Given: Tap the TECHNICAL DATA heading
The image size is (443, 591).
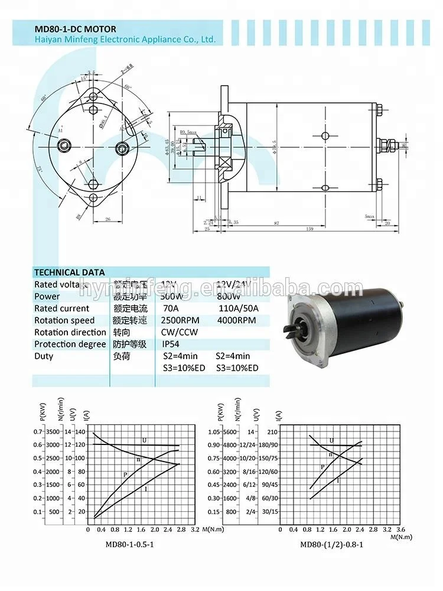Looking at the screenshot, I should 69,272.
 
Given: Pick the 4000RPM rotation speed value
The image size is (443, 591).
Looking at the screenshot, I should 234,320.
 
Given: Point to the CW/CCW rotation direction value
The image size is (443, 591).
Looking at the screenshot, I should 180,332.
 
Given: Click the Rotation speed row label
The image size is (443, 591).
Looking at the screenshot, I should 64,320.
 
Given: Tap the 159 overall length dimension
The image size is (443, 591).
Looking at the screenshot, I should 310,229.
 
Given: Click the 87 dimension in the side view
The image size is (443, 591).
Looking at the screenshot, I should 276,223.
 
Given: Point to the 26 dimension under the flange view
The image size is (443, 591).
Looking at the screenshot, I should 109,219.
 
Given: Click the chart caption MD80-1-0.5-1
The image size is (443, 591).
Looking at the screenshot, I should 129,544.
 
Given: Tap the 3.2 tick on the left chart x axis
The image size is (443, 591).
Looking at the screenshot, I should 194,530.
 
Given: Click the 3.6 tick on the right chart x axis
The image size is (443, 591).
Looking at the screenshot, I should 402,530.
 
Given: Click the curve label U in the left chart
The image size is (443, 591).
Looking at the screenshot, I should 144,440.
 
